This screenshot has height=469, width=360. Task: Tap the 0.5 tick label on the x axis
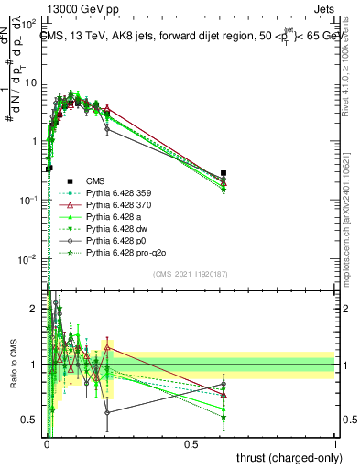coord(191,443)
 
